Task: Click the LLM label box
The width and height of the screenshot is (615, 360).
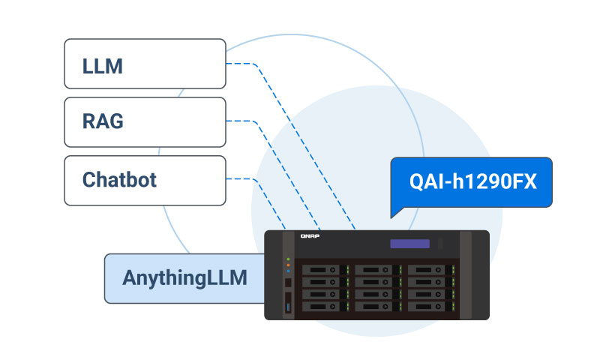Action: pyautogui.click(x=144, y=64)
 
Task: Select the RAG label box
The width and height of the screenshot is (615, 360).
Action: pyautogui.click(x=144, y=121)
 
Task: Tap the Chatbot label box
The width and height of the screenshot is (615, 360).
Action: pyautogui.click(x=144, y=180)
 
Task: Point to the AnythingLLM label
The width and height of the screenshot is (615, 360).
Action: pyautogui.click(x=184, y=278)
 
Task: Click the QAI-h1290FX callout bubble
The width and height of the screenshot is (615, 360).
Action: pyautogui.click(x=472, y=181)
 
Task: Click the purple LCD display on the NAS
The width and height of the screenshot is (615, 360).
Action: pyautogui.click(x=409, y=244)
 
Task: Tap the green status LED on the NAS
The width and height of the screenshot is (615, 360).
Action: pyautogui.click(x=289, y=259)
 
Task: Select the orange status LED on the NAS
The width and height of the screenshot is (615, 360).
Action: pyautogui.click(x=289, y=264)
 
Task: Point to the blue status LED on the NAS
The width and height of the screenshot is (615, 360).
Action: pyautogui.click(x=289, y=270)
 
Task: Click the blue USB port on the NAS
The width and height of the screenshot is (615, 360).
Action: pyautogui.click(x=289, y=305)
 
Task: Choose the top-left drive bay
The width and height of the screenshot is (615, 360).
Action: pyautogui.click(x=325, y=270)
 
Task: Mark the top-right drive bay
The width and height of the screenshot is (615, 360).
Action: pyautogui.click(x=429, y=270)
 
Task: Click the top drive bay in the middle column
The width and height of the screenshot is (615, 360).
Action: pyautogui.click(x=377, y=270)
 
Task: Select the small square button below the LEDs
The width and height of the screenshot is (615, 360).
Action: pyautogui.click(x=289, y=283)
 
